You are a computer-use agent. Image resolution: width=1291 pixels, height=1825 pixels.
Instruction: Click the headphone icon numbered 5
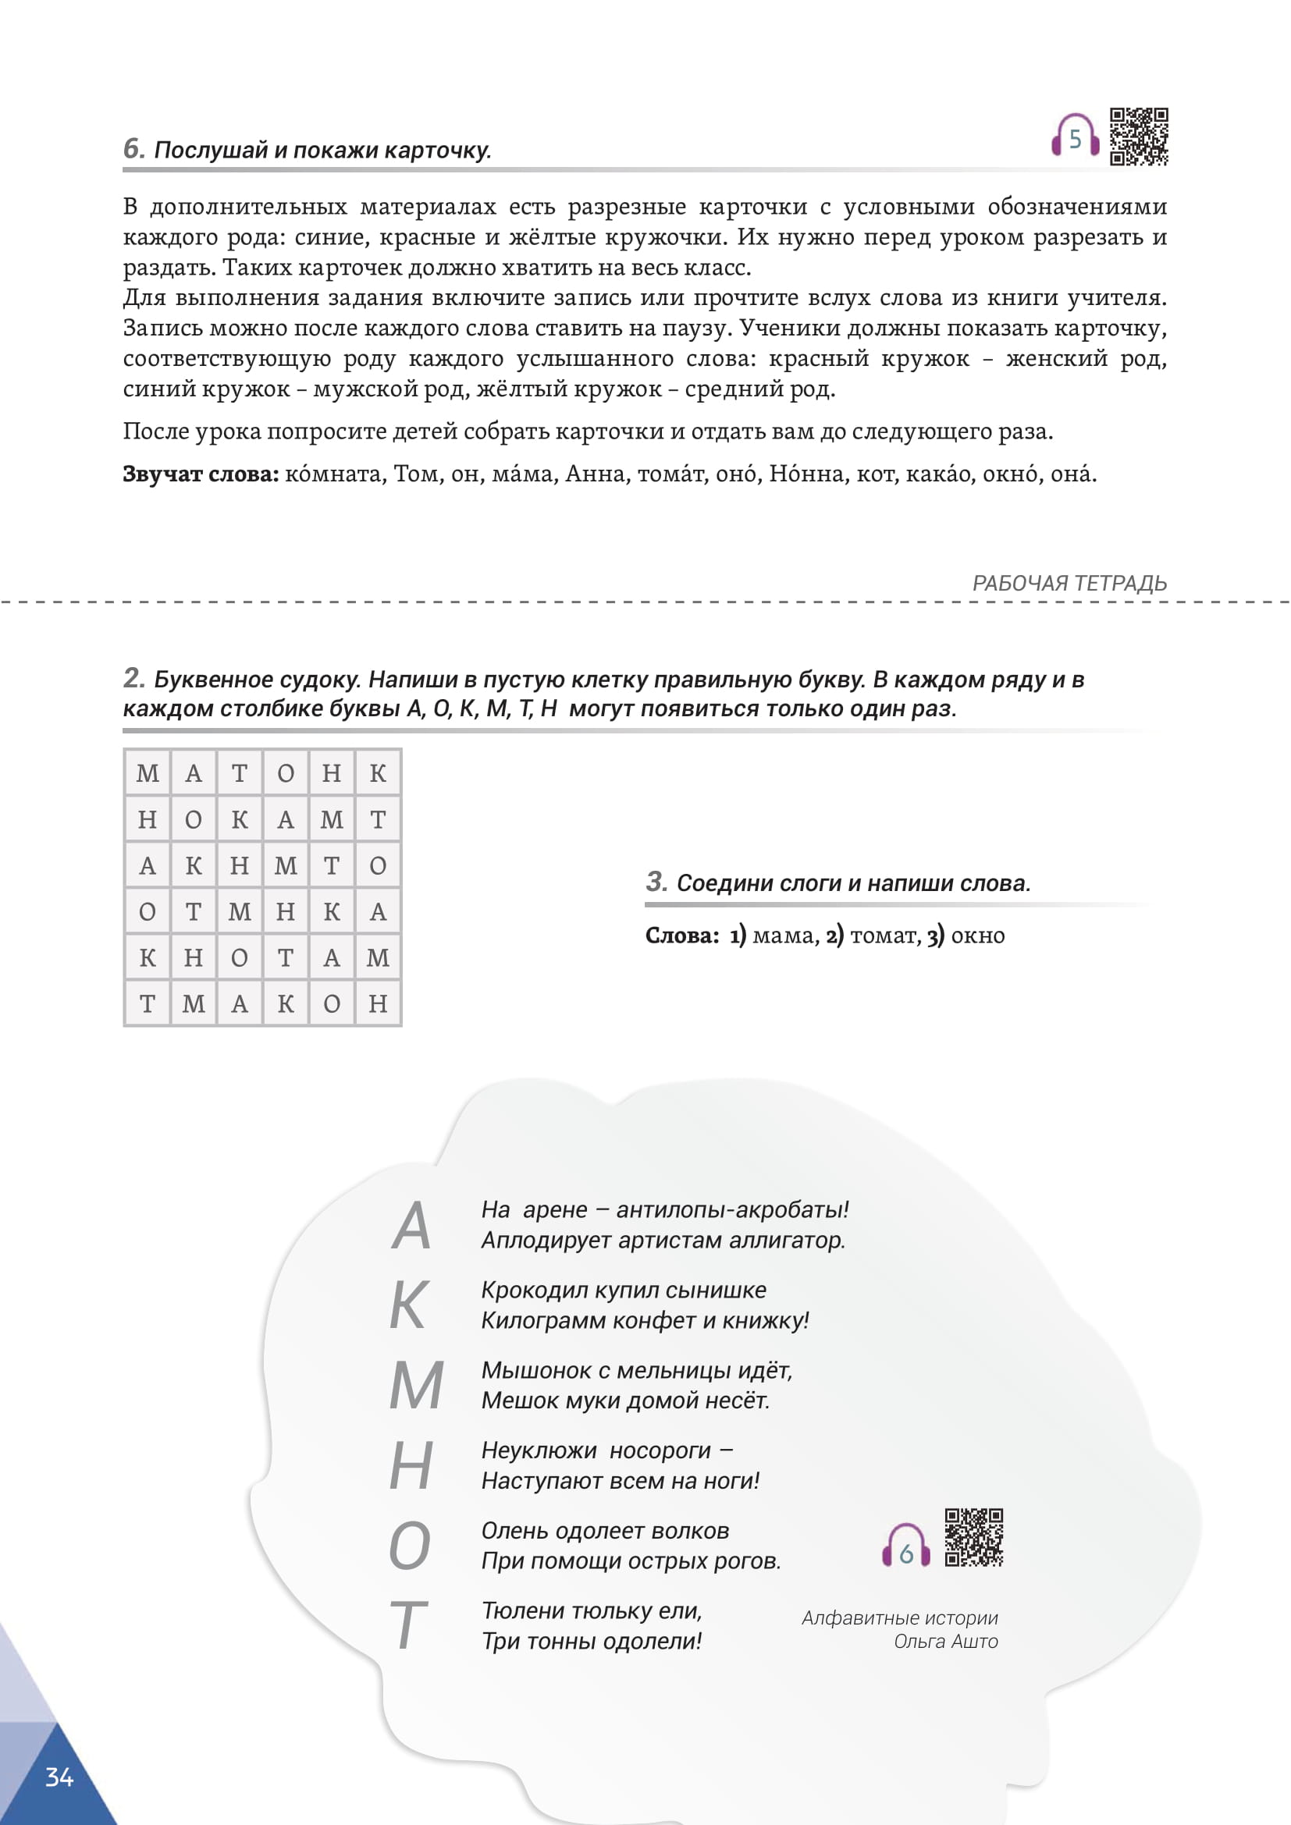[x=1075, y=137]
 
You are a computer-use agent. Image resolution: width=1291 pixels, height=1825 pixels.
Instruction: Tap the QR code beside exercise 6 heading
[x=1138, y=137]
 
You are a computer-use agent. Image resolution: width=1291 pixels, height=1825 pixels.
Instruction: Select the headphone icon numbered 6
[x=905, y=1546]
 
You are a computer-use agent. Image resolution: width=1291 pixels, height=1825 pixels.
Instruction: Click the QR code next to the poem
[x=974, y=1537]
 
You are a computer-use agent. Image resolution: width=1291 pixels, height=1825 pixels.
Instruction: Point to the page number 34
[x=59, y=1777]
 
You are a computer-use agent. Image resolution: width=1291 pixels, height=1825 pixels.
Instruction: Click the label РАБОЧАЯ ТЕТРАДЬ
[x=1069, y=584]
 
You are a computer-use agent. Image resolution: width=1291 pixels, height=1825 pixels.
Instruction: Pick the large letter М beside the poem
[x=416, y=1386]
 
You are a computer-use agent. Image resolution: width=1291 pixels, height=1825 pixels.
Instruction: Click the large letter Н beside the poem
[x=411, y=1466]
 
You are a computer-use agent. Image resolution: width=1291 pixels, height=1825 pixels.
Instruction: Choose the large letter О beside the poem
[x=410, y=1546]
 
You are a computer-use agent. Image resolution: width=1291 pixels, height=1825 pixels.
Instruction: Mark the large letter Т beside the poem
[x=408, y=1625]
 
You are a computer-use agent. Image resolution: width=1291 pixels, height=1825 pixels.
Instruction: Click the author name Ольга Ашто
[x=945, y=1642]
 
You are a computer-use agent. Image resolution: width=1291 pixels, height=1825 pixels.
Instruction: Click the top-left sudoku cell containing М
[x=148, y=773]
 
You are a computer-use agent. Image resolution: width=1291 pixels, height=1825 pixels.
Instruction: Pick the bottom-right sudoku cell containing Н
[x=378, y=1004]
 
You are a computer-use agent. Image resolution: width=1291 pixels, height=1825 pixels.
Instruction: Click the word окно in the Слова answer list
[x=978, y=936]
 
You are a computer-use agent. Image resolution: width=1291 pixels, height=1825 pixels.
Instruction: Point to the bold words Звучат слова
[x=201, y=474]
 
